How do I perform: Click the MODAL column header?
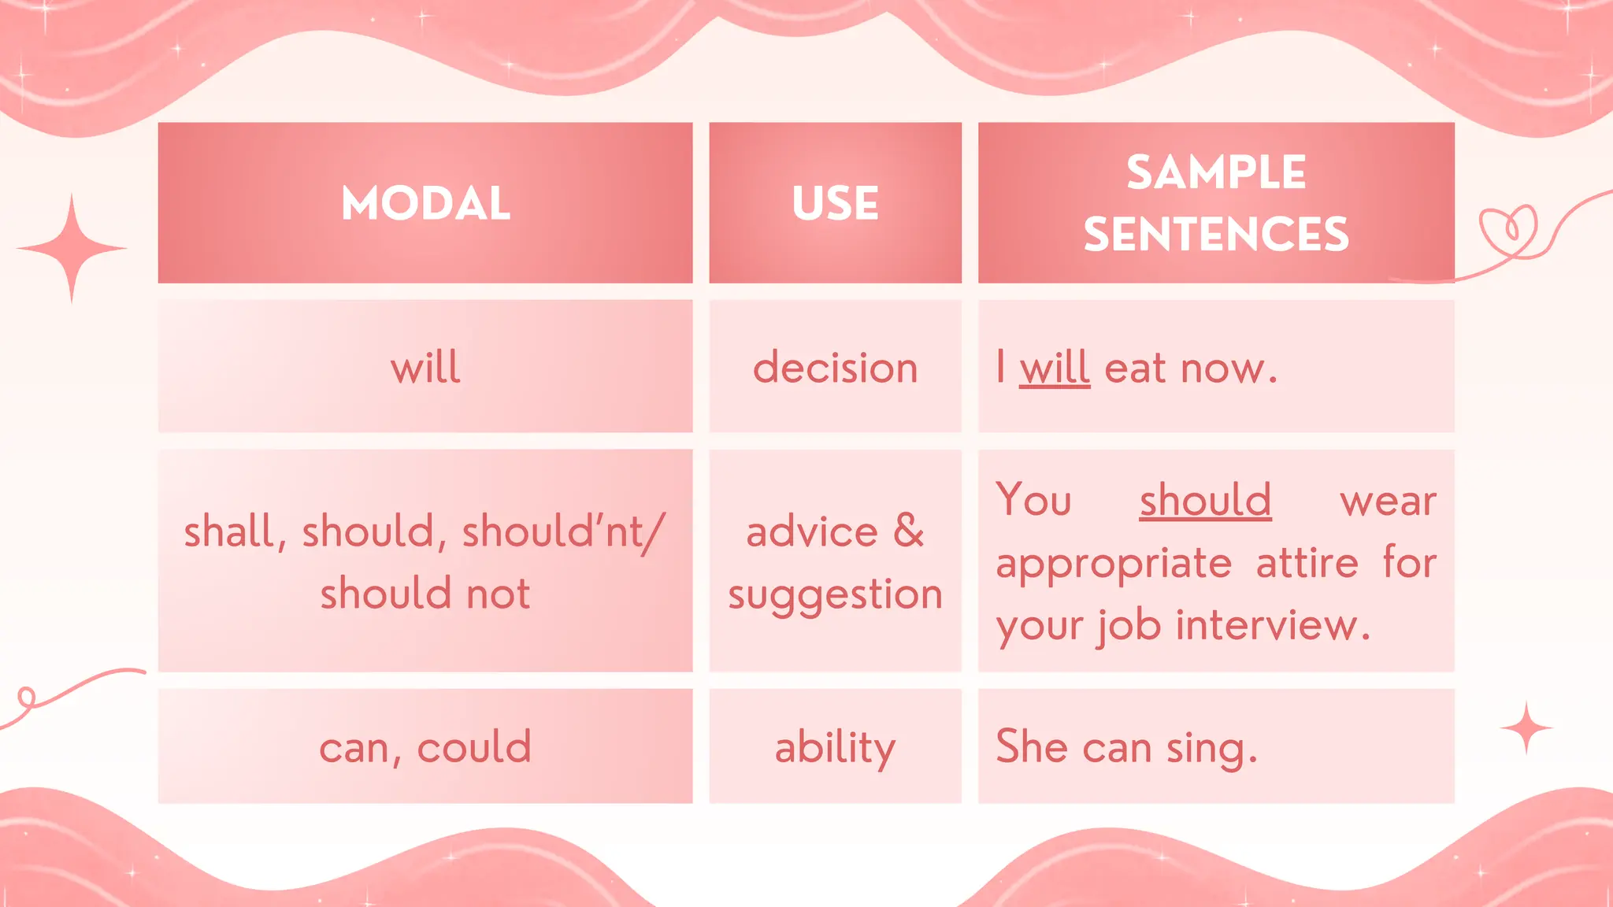(x=425, y=203)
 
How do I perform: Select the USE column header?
(x=835, y=203)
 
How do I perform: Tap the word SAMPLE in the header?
(x=1215, y=172)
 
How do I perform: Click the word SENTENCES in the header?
(x=1215, y=234)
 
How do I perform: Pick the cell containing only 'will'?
(x=425, y=368)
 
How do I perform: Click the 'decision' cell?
(x=835, y=368)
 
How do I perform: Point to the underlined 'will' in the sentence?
(x=1054, y=368)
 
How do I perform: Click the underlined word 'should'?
(x=1205, y=500)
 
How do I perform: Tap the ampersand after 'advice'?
(x=908, y=531)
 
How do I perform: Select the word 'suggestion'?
(x=835, y=594)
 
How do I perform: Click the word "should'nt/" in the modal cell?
(x=563, y=531)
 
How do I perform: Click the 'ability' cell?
(x=835, y=746)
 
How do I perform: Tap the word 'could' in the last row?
(x=474, y=746)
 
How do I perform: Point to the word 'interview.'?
(x=1273, y=625)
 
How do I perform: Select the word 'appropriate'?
(x=1113, y=563)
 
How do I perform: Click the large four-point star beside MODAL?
(x=72, y=249)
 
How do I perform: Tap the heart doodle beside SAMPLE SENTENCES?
(x=1509, y=230)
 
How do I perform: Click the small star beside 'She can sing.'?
(x=1526, y=728)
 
